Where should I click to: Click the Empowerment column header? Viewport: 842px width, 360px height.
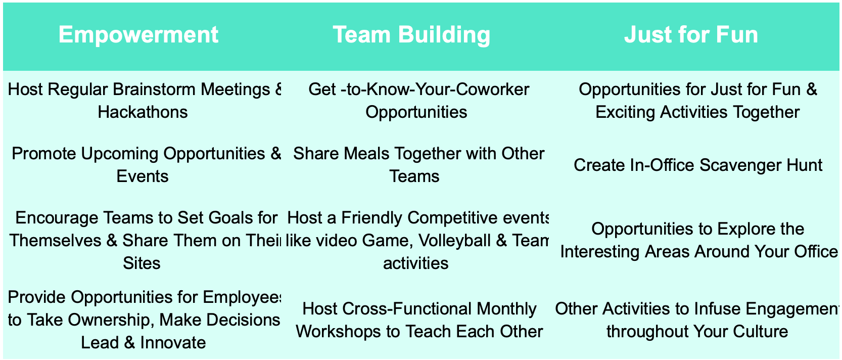click(x=138, y=35)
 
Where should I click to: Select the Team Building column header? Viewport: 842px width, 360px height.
click(x=411, y=35)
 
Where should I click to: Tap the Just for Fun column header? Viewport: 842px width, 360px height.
click(x=691, y=35)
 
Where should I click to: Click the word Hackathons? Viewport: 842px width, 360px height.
click(x=143, y=112)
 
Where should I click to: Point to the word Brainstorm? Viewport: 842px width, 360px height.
click(x=154, y=89)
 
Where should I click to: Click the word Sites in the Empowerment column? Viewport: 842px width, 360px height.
click(x=142, y=263)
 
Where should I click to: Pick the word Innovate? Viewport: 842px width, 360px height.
click(x=173, y=343)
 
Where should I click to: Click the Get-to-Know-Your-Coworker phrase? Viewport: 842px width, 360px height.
click(x=419, y=89)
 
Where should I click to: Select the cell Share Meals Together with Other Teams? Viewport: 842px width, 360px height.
click(x=418, y=165)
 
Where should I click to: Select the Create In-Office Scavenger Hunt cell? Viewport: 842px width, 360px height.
click(x=698, y=165)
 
